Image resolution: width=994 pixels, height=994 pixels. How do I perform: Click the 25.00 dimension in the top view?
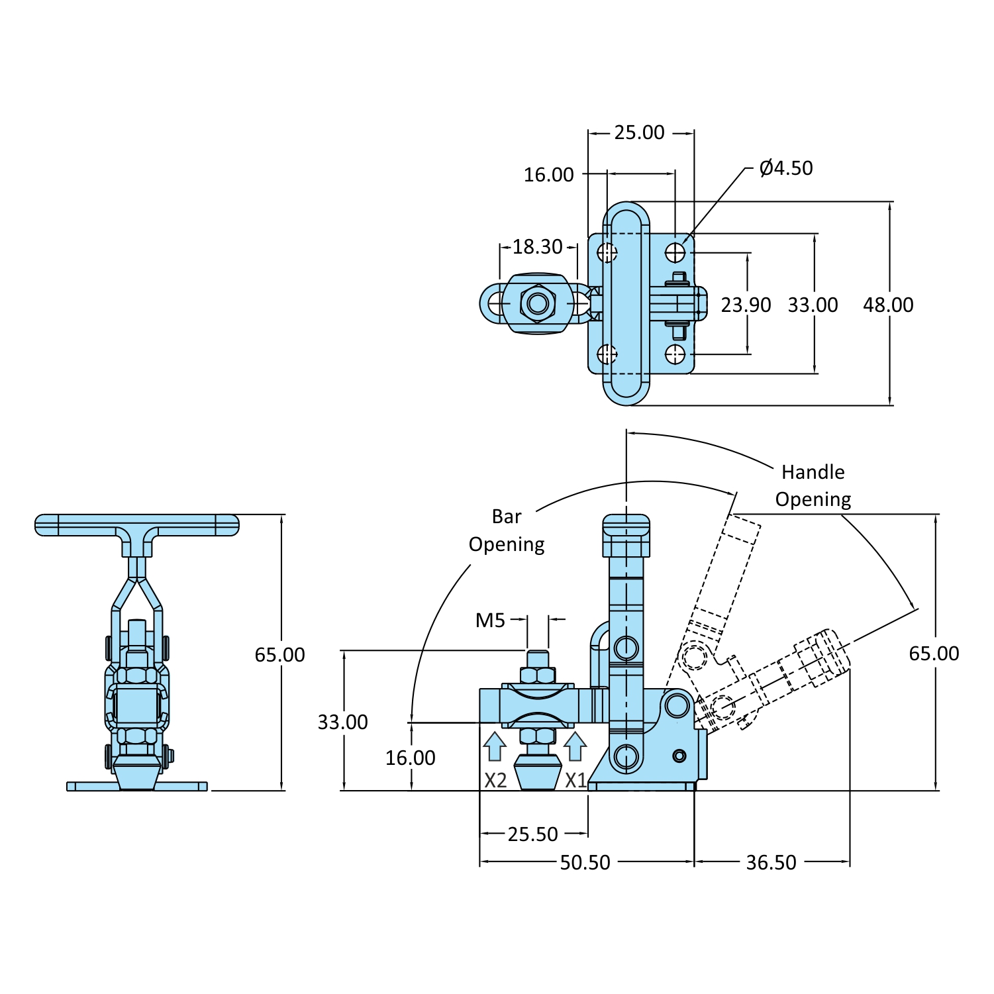tap(639, 132)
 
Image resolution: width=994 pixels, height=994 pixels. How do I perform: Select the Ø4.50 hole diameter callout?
tap(786, 168)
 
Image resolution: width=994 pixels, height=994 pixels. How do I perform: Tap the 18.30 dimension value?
tap(537, 247)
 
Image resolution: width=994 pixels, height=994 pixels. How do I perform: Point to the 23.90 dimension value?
tap(746, 305)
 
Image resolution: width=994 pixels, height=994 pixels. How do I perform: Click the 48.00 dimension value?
tap(888, 305)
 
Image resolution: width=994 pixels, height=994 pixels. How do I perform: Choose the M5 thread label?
tap(490, 621)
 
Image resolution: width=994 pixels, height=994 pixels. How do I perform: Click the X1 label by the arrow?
tap(575, 781)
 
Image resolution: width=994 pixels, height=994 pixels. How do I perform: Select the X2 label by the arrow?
tap(495, 781)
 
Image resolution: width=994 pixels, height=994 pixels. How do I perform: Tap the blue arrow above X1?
tap(575, 746)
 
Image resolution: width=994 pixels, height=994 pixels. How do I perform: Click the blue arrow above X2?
tap(495, 746)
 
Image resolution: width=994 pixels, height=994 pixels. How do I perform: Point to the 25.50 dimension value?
tap(533, 834)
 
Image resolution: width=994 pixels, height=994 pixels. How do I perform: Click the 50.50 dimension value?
tap(585, 863)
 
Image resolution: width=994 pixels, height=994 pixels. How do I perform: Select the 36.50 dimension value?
tap(771, 863)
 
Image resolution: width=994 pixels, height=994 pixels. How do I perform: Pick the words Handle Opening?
tap(813, 485)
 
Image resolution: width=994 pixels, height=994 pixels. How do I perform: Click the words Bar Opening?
tap(507, 530)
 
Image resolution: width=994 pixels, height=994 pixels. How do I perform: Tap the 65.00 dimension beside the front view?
tap(279, 655)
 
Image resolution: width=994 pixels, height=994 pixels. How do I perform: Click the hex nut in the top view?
tap(537, 304)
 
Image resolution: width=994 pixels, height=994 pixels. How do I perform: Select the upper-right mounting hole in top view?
tap(675, 252)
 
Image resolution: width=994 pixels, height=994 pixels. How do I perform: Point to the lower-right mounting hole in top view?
tap(675, 354)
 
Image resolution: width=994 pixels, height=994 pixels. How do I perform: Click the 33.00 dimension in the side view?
tap(342, 722)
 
